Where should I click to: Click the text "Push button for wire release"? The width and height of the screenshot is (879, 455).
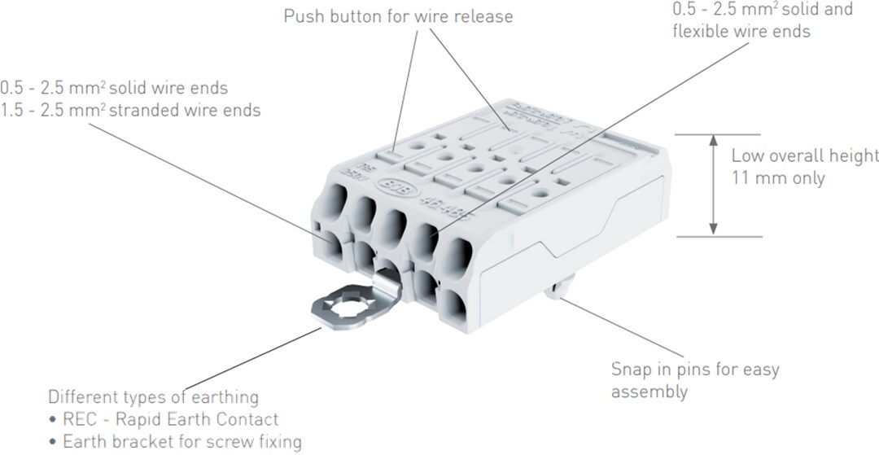tap(398, 16)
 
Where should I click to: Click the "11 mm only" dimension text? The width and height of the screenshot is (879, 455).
tap(778, 177)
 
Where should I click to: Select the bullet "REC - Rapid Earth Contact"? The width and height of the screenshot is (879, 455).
tap(169, 420)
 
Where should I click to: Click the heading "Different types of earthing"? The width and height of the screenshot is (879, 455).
tap(153, 398)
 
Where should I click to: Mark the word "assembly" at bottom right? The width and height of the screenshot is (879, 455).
tap(649, 392)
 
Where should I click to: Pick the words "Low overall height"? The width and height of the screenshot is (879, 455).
tap(804, 155)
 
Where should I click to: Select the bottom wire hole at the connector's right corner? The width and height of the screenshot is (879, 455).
tap(456, 308)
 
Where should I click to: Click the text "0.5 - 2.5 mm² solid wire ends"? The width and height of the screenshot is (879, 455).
tap(114, 87)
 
